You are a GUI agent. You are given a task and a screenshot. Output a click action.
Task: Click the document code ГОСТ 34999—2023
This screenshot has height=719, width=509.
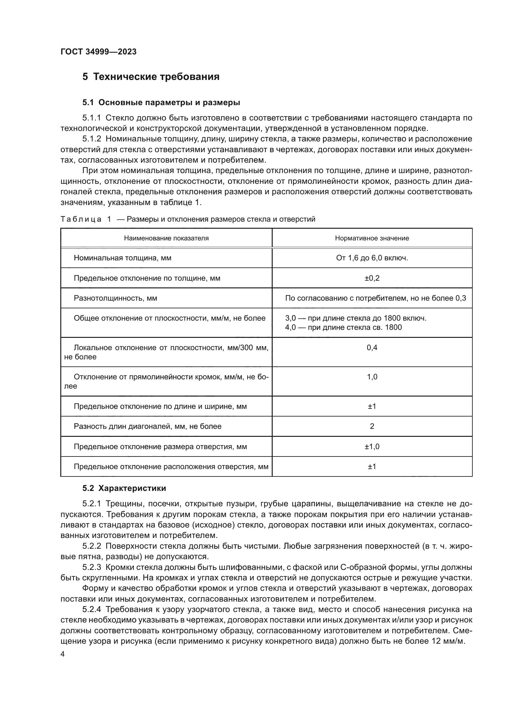(x=98, y=52)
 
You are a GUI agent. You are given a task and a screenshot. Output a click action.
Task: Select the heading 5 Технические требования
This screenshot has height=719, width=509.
(x=151, y=77)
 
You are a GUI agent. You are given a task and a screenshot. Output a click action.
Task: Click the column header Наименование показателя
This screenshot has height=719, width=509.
(x=166, y=238)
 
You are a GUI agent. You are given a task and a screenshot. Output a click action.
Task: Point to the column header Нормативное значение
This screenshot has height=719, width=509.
(x=372, y=238)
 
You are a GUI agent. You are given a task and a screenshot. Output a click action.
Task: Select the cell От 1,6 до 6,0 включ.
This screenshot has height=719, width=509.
(x=372, y=258)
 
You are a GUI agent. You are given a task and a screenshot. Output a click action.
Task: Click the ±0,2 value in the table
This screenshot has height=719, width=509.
(x=372, y=278)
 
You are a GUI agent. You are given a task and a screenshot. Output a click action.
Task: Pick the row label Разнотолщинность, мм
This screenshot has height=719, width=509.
(x=115, y=298)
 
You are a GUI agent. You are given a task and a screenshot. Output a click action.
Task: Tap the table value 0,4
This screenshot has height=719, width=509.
(x=372, y=347)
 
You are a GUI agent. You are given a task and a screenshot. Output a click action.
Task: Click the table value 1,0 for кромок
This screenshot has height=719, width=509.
(x=372, y=377)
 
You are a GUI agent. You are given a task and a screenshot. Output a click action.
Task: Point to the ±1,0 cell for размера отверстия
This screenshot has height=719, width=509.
(x=372, y=446)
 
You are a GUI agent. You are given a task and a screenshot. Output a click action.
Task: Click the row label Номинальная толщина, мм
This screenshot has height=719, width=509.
(x=122, y=258)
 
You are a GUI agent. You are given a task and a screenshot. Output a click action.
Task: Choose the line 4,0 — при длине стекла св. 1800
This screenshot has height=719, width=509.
(x=343, y=328)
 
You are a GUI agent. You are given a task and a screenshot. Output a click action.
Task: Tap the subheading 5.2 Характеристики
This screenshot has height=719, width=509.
(x=124, y=488)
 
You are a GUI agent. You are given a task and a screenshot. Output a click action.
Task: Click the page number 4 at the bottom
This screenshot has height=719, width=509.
(x=63, y=654)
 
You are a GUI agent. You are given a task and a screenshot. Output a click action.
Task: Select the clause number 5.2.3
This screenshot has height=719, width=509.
(x=91, y=567)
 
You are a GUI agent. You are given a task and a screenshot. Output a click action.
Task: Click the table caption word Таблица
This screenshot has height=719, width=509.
(x=81, y=219)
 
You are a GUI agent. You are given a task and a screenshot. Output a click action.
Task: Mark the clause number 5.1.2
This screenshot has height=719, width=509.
(x=91, y=139)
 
